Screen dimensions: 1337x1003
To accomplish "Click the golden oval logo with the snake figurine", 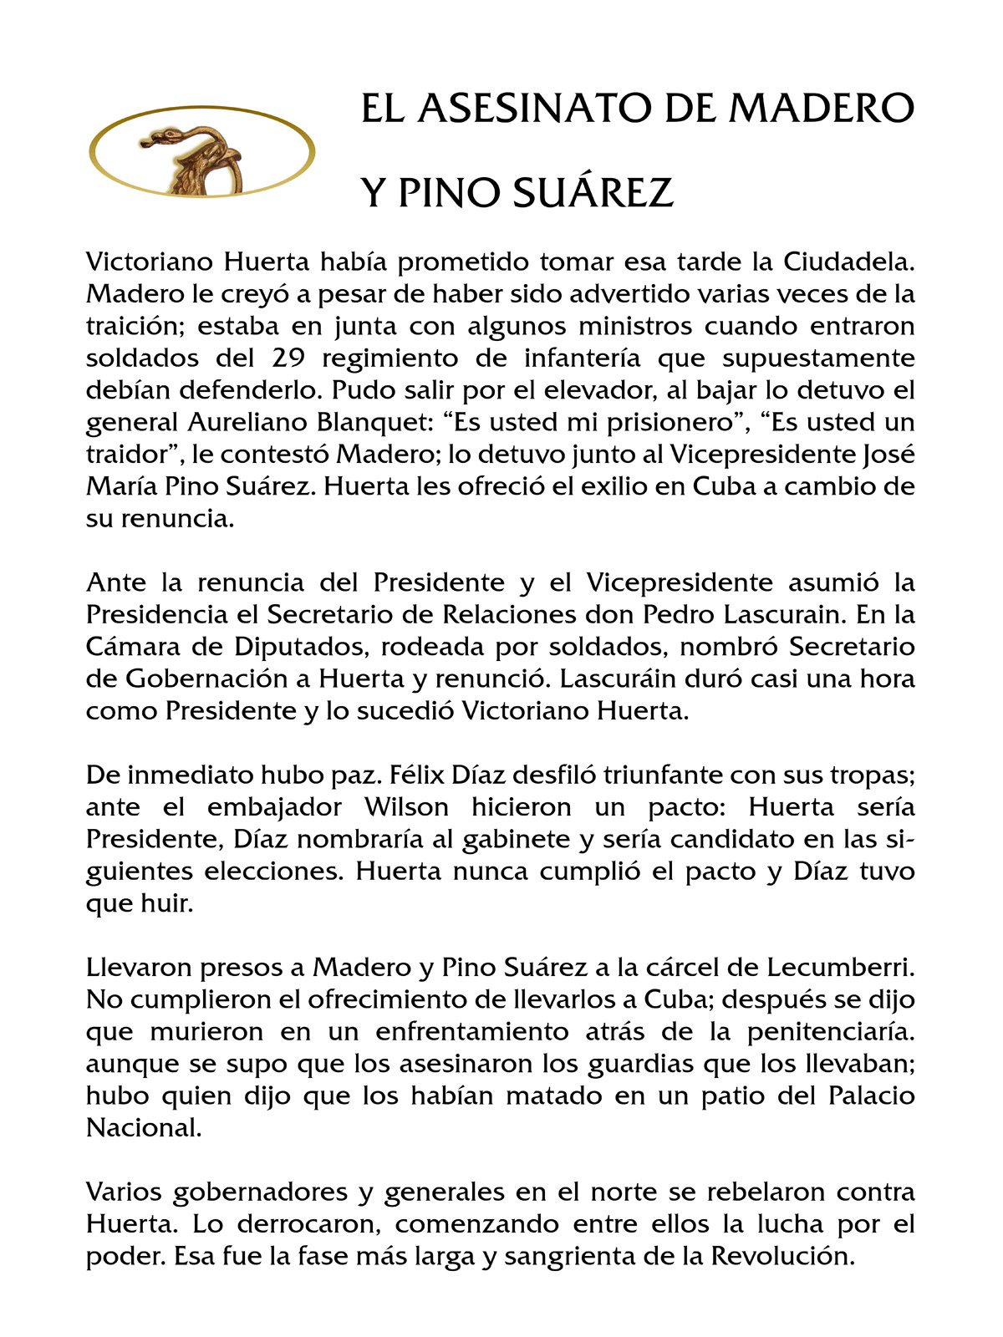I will point(201,153).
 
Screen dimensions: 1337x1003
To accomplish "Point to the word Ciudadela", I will point(849,262).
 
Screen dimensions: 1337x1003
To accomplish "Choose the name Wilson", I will point(406,807).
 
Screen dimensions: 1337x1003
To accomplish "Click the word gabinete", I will point(490,839).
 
